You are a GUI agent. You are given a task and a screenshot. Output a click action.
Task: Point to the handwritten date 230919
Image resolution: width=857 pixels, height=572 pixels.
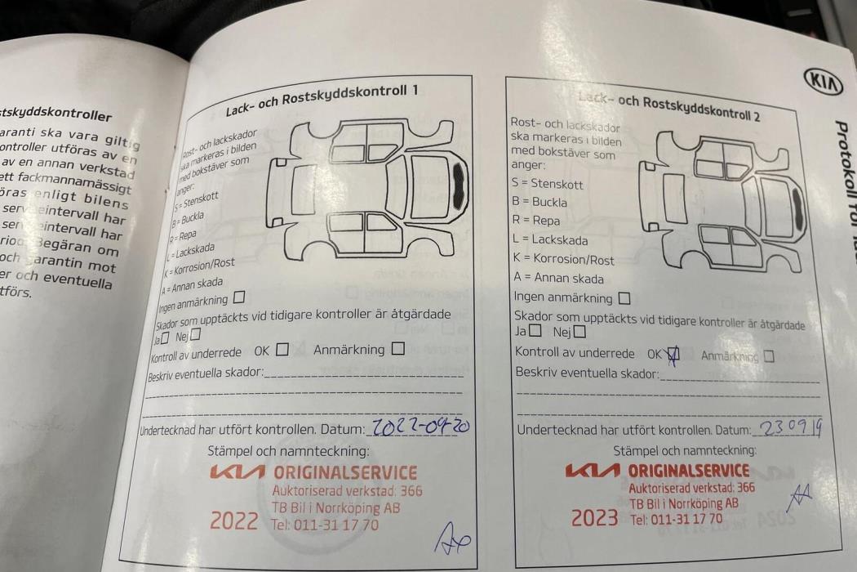(x=789, y=427)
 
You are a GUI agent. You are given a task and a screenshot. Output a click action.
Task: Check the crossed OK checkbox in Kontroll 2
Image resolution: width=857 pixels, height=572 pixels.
(x=673, y=354)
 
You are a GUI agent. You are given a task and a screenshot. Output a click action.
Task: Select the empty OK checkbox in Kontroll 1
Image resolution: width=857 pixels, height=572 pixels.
(x=282, y=350)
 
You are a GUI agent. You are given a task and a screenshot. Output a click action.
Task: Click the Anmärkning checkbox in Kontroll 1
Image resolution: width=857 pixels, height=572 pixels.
(x=397, y=349)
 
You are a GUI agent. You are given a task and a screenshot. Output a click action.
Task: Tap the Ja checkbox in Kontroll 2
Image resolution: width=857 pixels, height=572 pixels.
(x=535, y=331)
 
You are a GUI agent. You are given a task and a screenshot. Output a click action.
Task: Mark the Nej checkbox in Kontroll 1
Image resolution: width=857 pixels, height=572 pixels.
(x=194, y=333)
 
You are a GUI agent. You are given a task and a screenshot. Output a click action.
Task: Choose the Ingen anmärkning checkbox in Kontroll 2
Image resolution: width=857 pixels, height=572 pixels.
(x=624, y=298)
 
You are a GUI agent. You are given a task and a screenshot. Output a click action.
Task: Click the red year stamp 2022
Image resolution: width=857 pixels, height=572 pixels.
(x=234, y=520)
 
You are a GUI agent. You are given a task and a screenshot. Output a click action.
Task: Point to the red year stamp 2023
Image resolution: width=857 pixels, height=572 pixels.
(x=594, y=517)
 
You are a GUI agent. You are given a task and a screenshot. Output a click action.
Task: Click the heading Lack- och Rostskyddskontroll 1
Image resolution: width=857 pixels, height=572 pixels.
(x=322, y=101)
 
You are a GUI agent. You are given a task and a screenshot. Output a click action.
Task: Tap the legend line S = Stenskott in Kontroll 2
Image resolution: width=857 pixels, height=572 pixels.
(x=547, y=183)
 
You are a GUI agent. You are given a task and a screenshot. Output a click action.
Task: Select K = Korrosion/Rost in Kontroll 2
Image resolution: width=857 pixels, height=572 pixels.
(x=563, y=259)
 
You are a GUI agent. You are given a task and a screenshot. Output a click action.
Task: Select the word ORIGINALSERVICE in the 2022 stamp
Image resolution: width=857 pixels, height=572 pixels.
(x=344, y=472)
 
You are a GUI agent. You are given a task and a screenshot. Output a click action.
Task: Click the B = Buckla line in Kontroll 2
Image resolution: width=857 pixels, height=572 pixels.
(x=539, y=202)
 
